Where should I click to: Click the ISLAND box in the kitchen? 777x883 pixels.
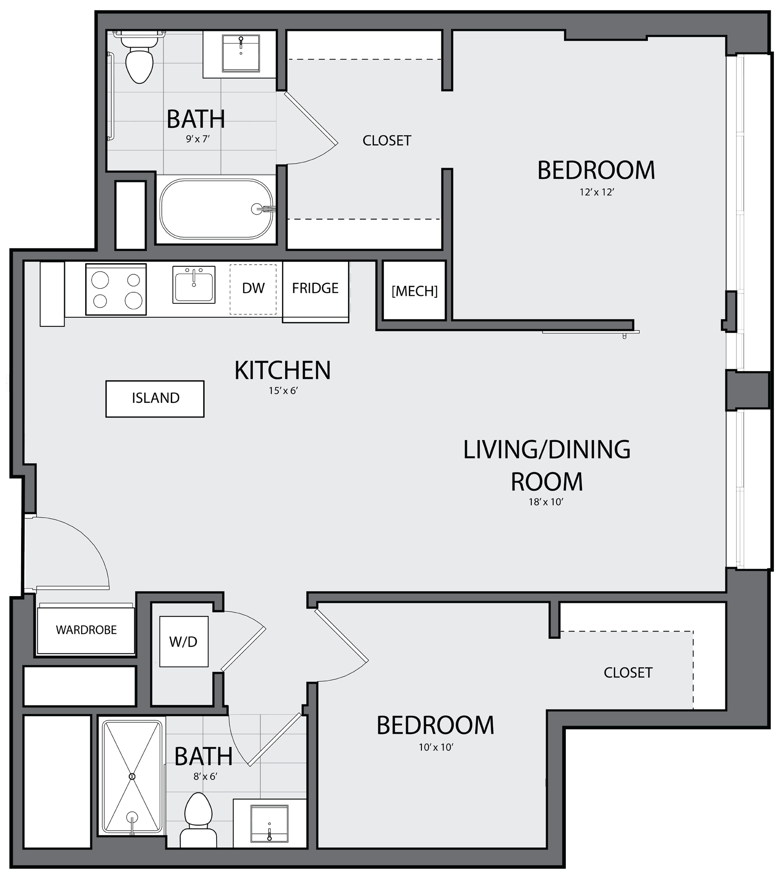(x=155, y=398)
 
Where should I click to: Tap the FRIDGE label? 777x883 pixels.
(x=315, y=288)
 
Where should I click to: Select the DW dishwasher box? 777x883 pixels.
(x=253, y=289)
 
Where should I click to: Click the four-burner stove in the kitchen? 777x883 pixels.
(x=116, y=289)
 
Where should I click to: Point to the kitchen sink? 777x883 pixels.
(x=194, y=285)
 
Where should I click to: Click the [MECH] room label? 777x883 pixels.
(x=415, y=291)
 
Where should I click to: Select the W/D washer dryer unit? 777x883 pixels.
(x=184, y=641)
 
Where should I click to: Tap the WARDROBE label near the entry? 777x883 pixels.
(x=86, y=630)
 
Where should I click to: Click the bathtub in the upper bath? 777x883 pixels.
(x=217, y=209)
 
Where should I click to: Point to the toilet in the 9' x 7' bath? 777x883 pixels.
(x=139, y=58)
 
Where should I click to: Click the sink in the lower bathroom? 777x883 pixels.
(x=269, y=823)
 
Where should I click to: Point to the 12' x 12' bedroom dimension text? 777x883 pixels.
(x=596, y=192)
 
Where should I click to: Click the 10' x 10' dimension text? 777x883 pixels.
(x=436, y=748)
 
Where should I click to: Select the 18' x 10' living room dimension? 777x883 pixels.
(x=546, y=502)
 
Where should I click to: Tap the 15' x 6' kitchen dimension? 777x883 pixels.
(x=283, y=391)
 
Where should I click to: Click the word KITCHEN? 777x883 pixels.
(x=282, y=370)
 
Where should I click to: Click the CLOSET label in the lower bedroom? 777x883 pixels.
(x=628, y=672)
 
